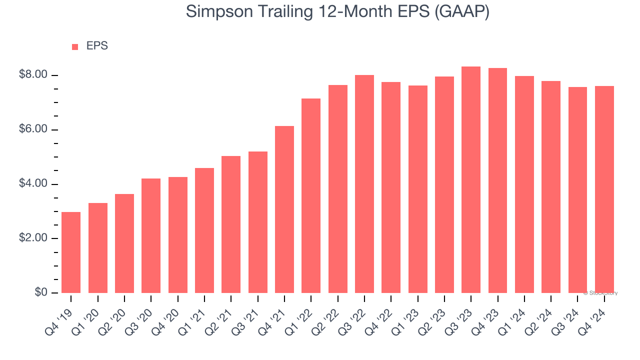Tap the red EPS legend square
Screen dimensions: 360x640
75,47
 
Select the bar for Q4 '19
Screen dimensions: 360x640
71,252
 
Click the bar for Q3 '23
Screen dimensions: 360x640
471,180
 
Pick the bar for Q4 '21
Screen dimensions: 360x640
284,209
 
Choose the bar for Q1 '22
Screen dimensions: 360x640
311,195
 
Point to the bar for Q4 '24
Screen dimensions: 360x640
604,189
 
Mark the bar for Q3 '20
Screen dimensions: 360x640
151,235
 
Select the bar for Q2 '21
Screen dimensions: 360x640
231,224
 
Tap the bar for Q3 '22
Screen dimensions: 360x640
364,184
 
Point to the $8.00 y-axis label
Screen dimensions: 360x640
33,75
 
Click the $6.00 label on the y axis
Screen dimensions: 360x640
33,129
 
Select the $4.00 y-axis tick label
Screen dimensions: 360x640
33,184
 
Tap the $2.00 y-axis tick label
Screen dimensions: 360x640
33,238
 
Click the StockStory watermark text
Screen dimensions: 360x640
600,293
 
